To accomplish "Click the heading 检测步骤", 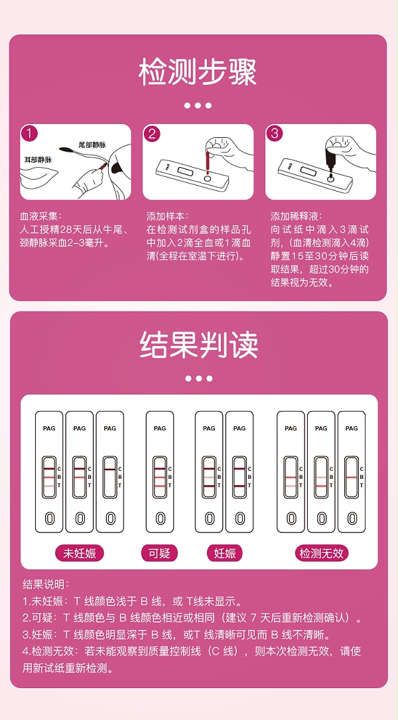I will pos(198,72).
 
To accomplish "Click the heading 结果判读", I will pos(198,345).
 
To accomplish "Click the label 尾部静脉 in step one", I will pos(93,144).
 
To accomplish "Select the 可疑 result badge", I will pos(159,553).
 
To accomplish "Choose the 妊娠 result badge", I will pos(225,553).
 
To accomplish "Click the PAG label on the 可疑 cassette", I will pos(160,428).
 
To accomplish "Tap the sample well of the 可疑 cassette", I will pos(159,518).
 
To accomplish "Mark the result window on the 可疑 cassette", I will pos(159,476).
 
